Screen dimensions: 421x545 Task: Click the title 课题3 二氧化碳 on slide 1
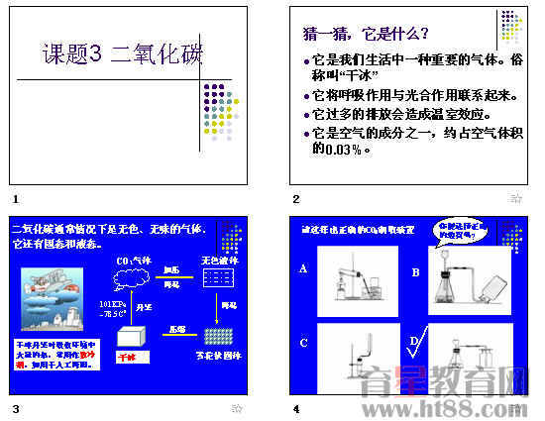[x=123, y=54]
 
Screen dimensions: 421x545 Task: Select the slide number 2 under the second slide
[x=296, y=199]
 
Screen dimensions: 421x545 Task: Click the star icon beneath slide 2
[x=515, y=199]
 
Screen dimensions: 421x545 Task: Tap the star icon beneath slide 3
[x=236, y=408]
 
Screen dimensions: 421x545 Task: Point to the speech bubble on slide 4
[x=461, y=235]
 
